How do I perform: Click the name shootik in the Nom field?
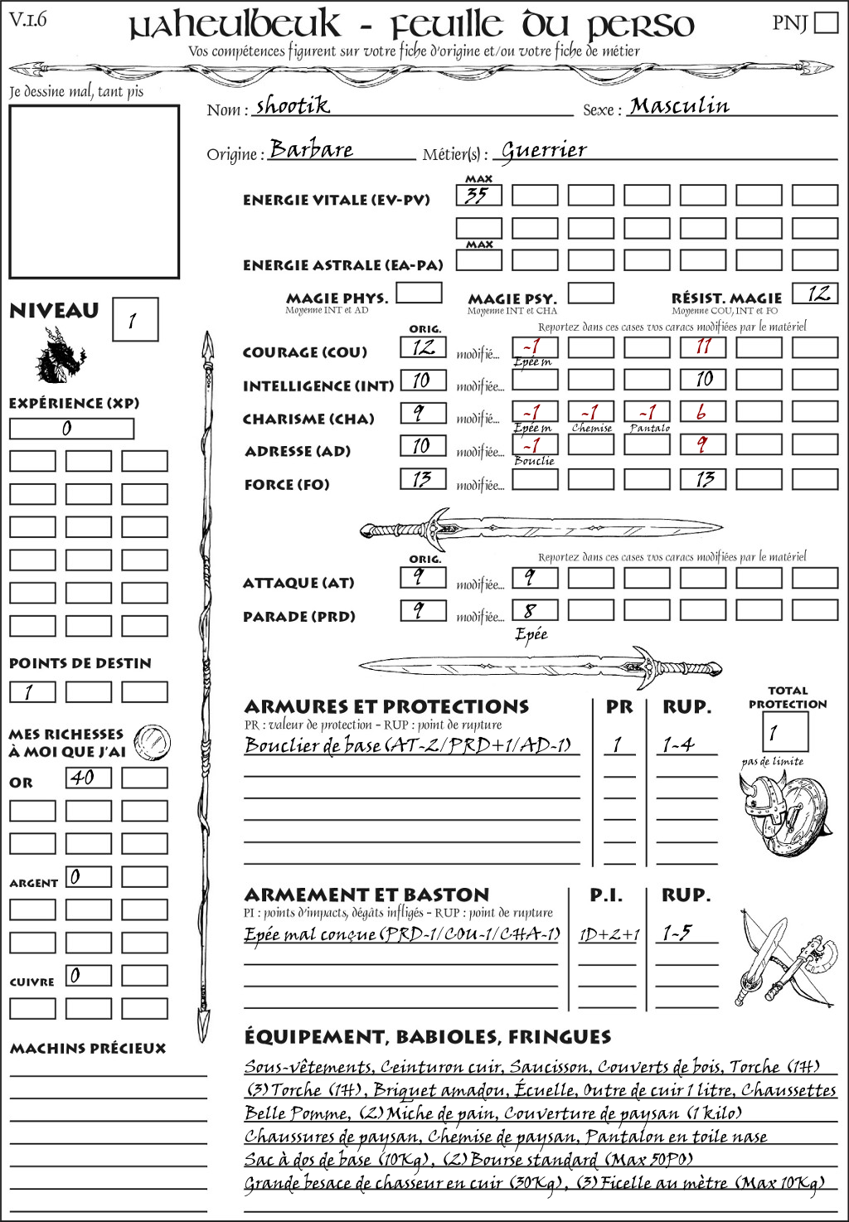[x=292, y=105]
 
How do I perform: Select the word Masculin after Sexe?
[x=679, y=105]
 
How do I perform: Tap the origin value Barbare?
[x=311, y=149]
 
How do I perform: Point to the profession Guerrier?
[x=544, y=150]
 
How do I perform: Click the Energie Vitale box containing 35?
[x=478, y=196]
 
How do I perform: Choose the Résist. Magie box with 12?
[x=815, y=293]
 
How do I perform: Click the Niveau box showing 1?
[x=135, y=320]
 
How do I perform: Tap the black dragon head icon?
[x=60, y=356]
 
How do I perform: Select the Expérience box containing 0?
[x=71, y=429]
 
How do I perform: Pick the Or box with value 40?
[x=89, y=778]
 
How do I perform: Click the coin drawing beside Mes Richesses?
[x=153, y=741]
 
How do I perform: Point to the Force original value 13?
[x=423, y=479]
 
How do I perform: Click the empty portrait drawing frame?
[x=94, y=192]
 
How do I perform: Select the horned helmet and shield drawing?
[x=782, y=812]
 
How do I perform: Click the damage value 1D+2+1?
[x=609, y=934]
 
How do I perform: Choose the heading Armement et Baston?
[x=366, y=895]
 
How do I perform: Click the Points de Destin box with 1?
[x=32, y=691]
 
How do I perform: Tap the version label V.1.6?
[x=28, y=18]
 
